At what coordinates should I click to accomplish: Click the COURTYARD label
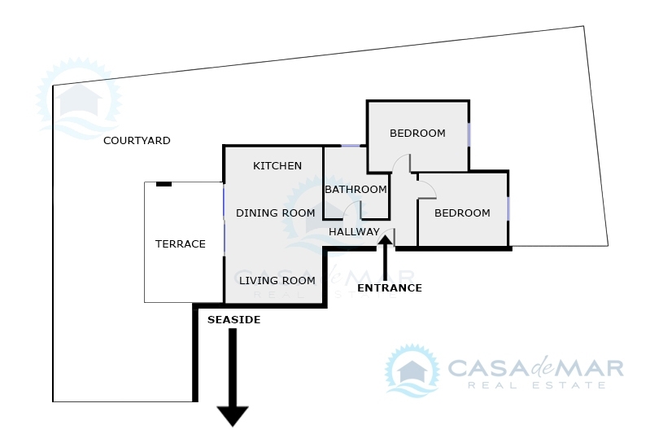point(137,141)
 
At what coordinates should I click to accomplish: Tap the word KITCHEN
point(277,166)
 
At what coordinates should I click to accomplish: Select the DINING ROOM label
point(275,213)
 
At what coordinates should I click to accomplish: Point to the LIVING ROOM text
point(277,280)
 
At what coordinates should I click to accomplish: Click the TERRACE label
point(181,244)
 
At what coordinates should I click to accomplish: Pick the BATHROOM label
point(356,190)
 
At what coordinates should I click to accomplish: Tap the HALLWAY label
point(354,231)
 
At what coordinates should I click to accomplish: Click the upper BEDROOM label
point(417,134)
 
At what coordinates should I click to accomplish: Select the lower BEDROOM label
point(462,213)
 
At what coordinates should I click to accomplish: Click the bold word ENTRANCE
point(390,288)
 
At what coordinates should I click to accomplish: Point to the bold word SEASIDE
point(233,319)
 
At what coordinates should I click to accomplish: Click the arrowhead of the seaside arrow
point(233,416)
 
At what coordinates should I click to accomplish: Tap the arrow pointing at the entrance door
point(386,257)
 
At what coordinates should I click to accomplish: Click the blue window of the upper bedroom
point(469,134)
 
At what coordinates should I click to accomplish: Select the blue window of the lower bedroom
point(508,208)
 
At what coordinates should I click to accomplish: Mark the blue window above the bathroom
point(351,146)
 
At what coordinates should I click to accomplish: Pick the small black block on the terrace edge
point(164,184)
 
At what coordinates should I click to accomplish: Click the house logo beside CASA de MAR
point(412,370)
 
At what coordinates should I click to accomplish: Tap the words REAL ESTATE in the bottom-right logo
point(536,385)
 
